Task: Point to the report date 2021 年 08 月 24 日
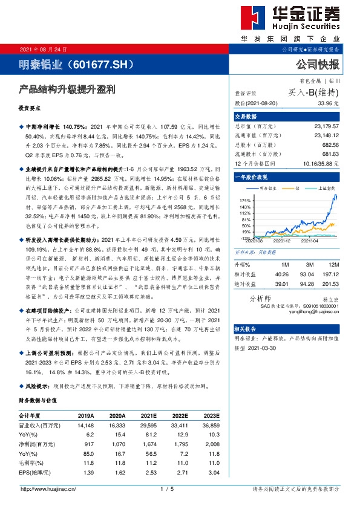[x=44, y=49]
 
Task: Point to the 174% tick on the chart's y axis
[x=244, y=199]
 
